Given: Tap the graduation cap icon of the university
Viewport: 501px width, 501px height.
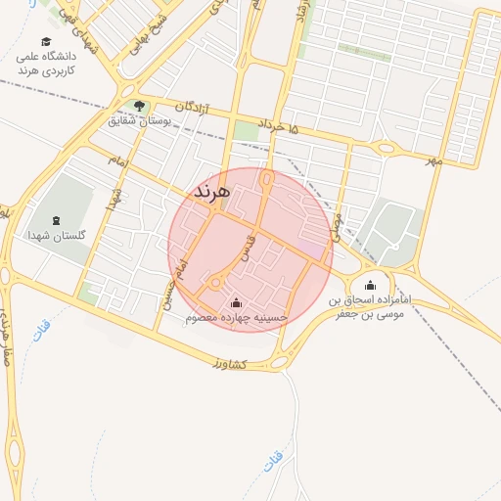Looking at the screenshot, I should (x=46, y=41).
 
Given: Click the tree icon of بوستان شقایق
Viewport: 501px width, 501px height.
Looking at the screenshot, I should (x=139, y=106).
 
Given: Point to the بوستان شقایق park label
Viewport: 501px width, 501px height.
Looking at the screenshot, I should (x=138, y=120).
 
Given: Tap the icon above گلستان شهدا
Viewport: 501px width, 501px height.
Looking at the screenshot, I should (x=53, y=220).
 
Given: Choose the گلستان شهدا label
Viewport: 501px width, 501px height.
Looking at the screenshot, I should (x=53, y=236).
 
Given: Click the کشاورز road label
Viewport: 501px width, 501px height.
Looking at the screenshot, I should (x=228, y=364).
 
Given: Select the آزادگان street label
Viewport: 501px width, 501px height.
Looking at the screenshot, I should (x=194, y=106).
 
